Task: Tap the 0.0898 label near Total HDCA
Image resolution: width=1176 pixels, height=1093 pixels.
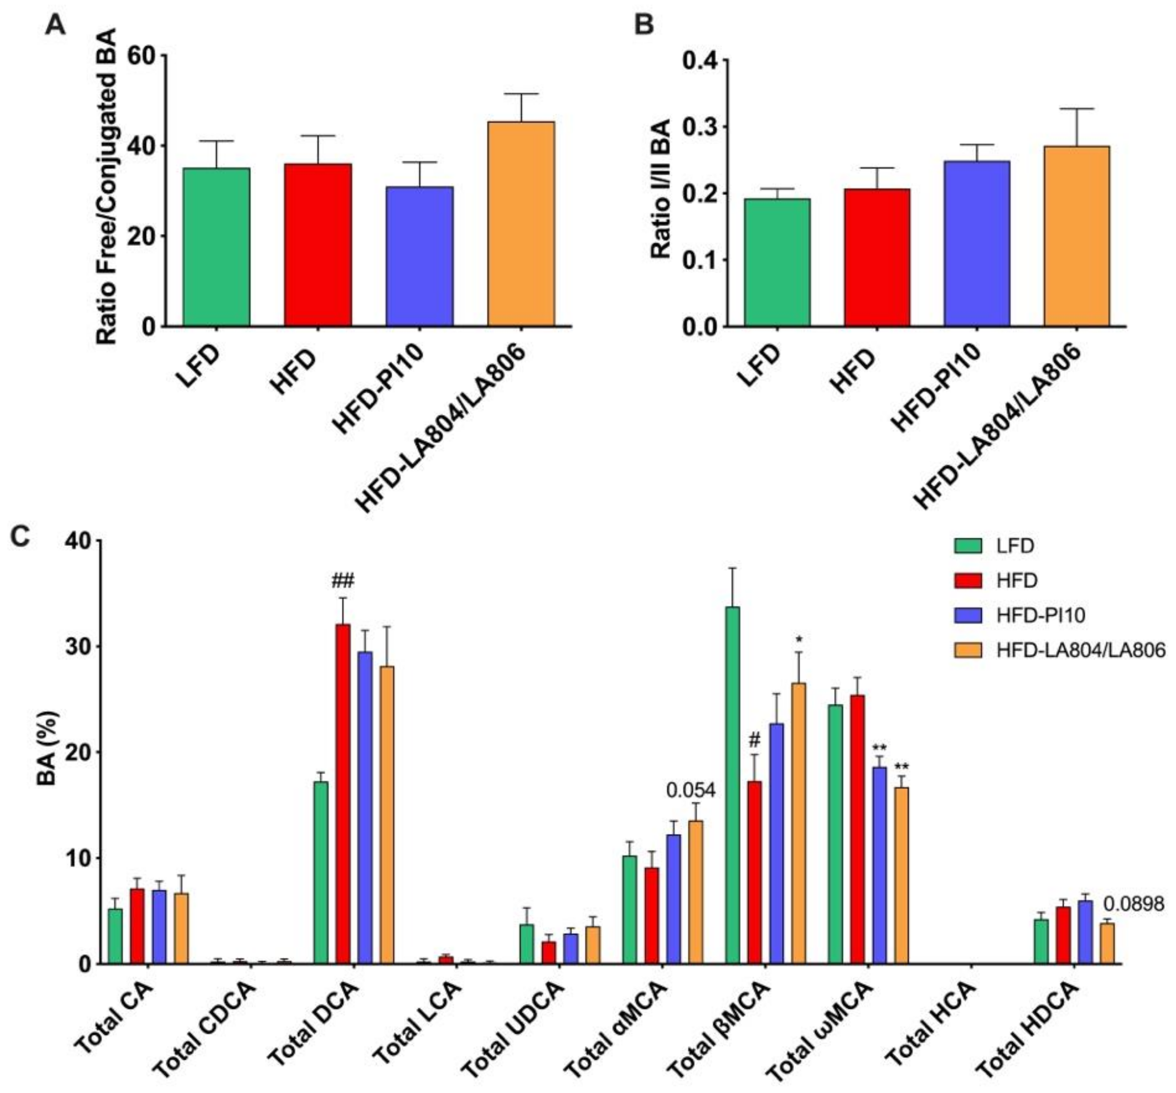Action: (x=1133, y=904)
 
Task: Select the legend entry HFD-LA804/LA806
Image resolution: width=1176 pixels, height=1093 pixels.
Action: (x=1080, y=650)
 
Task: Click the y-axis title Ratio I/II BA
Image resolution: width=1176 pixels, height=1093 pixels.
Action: (x=661, y=189)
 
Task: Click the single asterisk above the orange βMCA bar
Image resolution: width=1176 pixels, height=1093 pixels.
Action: (x=799, y=639)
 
